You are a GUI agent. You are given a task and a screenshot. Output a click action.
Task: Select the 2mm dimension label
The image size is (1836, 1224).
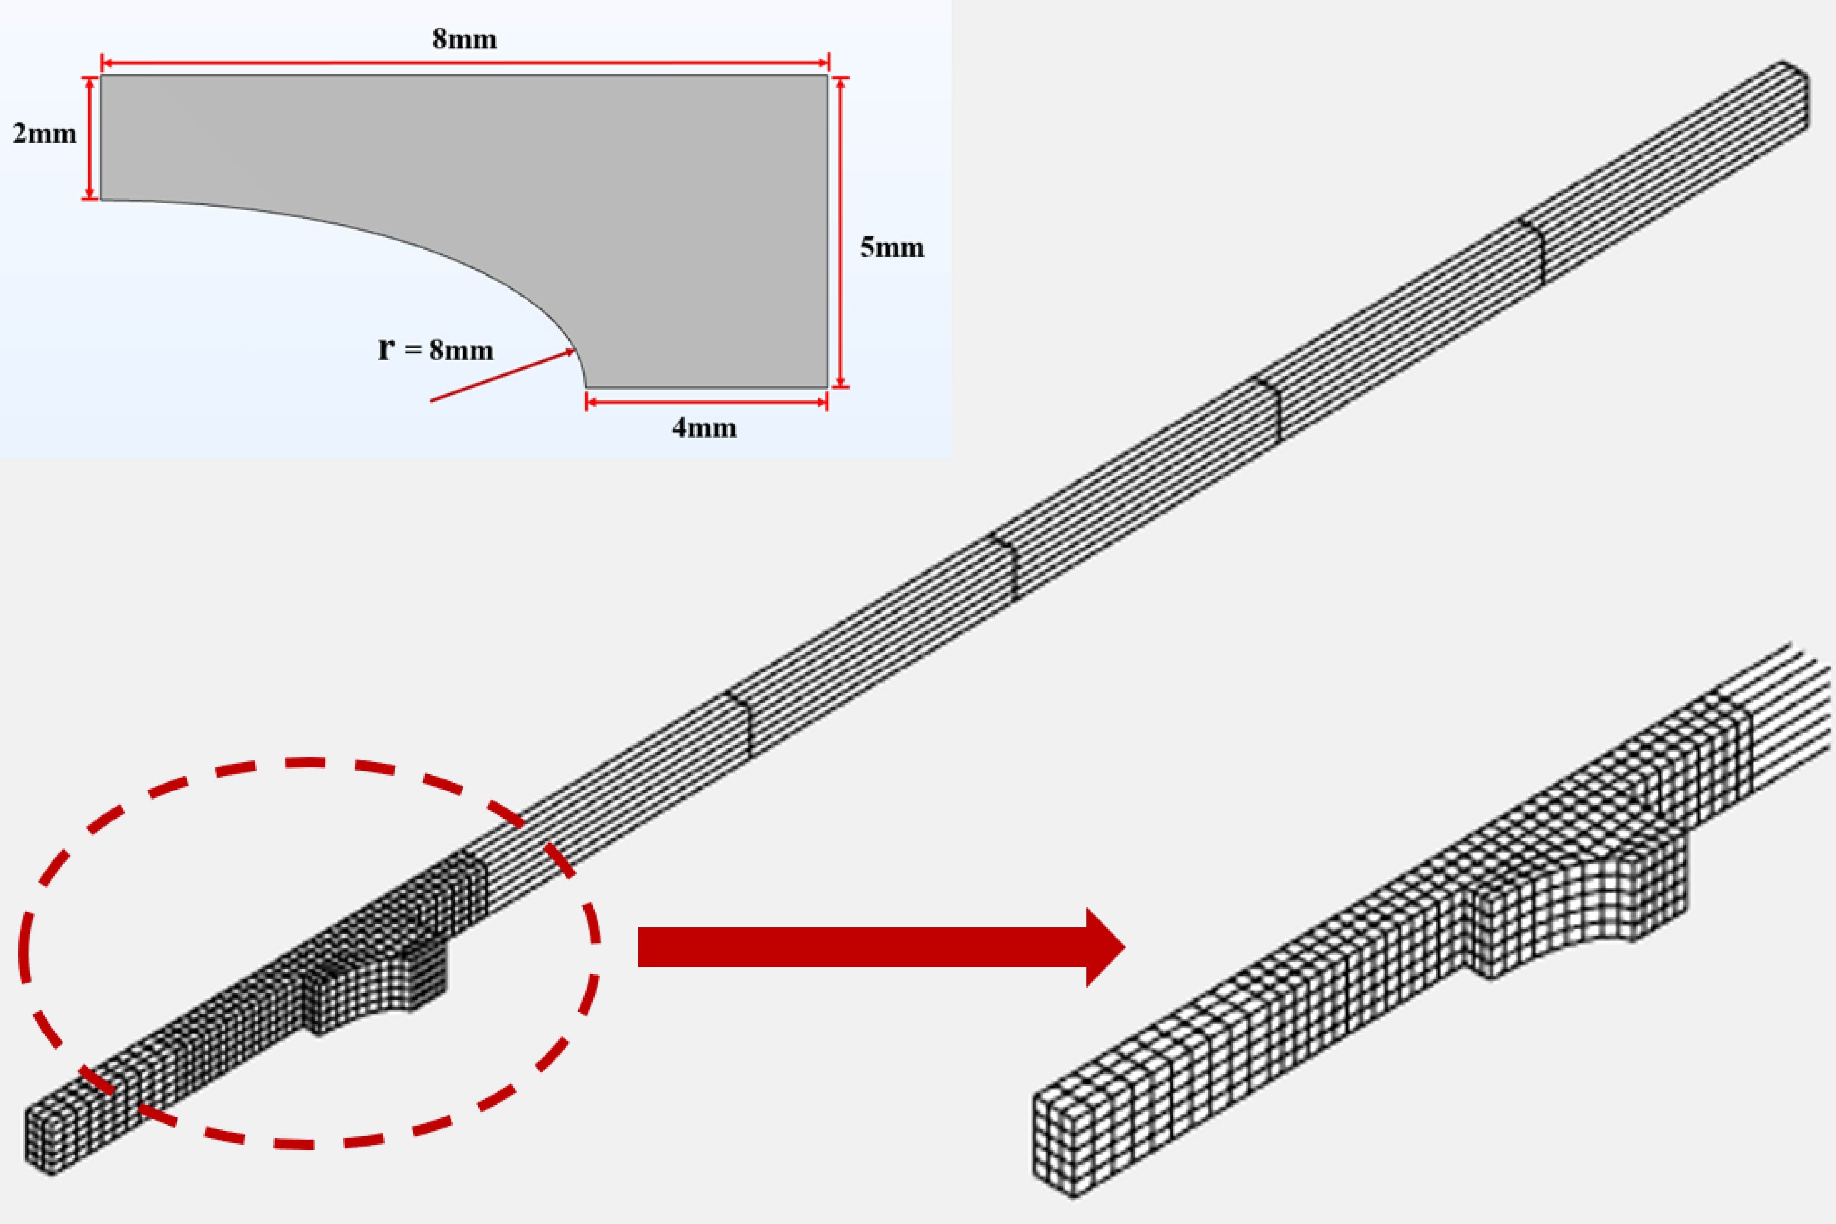45,134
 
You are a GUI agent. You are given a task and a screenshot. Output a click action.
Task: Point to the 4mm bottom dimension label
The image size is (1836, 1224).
705,428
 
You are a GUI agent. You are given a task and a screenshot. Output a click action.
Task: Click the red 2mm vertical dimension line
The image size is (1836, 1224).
90,138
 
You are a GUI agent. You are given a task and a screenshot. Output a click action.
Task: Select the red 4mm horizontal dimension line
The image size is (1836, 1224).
706,402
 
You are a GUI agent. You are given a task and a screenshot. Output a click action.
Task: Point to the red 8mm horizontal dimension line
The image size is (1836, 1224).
465,62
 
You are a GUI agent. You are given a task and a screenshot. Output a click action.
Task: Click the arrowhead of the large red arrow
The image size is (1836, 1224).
1104,947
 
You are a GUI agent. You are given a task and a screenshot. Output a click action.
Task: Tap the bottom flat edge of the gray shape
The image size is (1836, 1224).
706,386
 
